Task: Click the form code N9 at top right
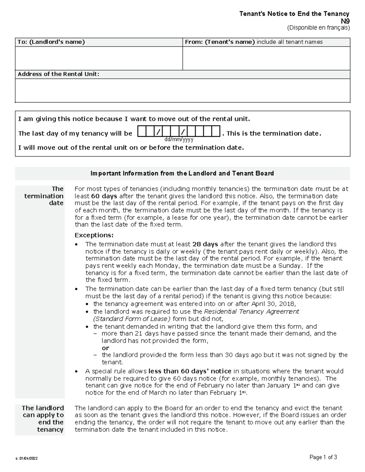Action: pos(345,21)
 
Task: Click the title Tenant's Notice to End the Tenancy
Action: pos(294,14)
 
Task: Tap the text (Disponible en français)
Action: pos(318,28)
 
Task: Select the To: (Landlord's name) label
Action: pos(51,42)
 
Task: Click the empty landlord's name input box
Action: pos(99,58)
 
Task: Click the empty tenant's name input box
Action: pos(266,58)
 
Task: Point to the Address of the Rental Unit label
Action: pos(58,74)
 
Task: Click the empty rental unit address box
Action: pos(182,91)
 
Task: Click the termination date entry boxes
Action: pos(179,132)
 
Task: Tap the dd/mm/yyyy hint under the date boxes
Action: pos(179,140)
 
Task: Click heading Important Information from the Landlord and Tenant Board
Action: pos(182,174)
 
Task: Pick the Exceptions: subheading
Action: pos(94,235)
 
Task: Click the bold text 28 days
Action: pos(205,244)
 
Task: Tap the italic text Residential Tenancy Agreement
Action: pos(252,312)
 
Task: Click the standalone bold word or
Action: pos(105,348)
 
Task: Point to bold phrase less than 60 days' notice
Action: pos(190,371)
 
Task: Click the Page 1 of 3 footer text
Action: pos(323,457)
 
